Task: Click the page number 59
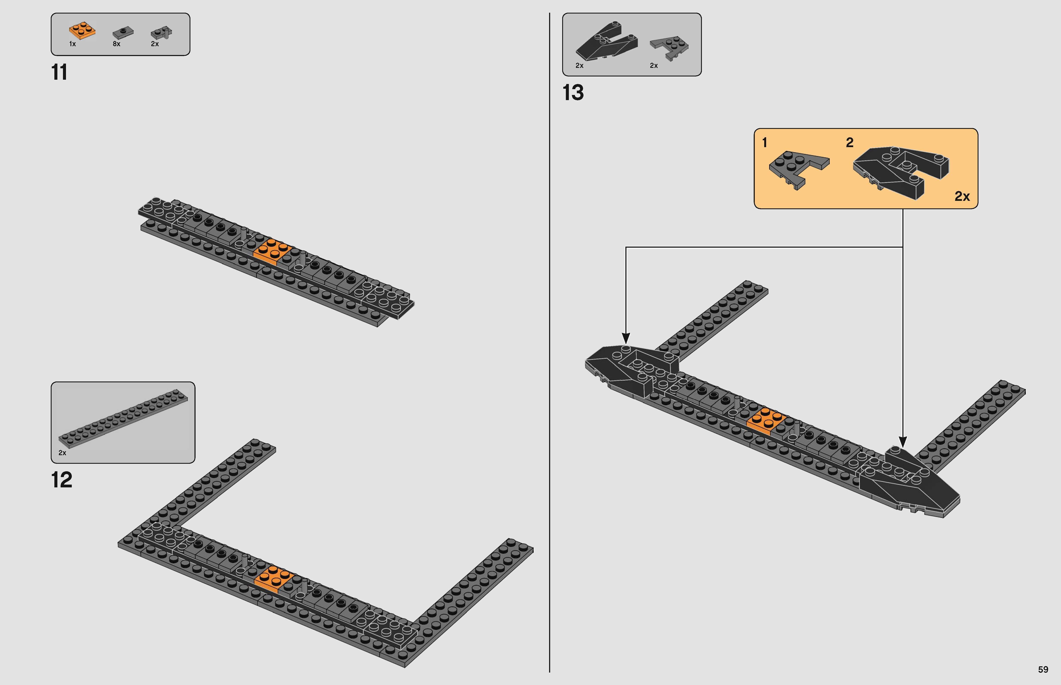1043,670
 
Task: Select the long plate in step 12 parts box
123,418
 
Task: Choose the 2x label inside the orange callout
962,196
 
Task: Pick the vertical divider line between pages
550,342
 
